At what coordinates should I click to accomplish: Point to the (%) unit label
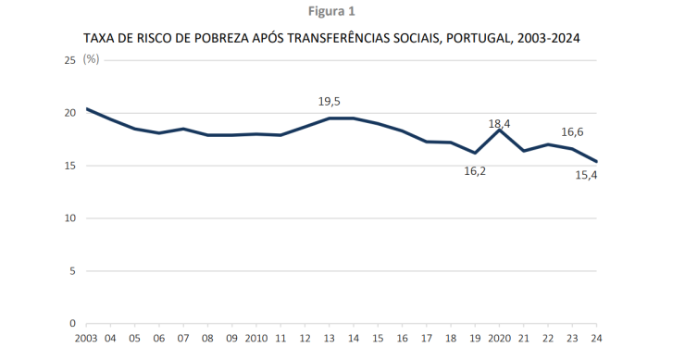91,58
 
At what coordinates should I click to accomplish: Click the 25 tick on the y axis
69,60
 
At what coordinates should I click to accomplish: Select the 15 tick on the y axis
69,166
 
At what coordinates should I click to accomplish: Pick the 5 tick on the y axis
72,271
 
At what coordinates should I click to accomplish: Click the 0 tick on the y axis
72,324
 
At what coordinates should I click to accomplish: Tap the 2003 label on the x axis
86,340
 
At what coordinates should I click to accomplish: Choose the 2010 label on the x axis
256,340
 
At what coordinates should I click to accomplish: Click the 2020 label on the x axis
500,340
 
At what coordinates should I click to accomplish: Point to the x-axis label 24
597,340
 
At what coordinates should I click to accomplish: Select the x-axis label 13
330,340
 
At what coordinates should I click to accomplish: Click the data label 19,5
330,102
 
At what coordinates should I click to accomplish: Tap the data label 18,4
501,122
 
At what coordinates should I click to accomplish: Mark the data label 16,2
476,171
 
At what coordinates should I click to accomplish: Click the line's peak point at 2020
500,130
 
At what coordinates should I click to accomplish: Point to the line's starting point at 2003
86,109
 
